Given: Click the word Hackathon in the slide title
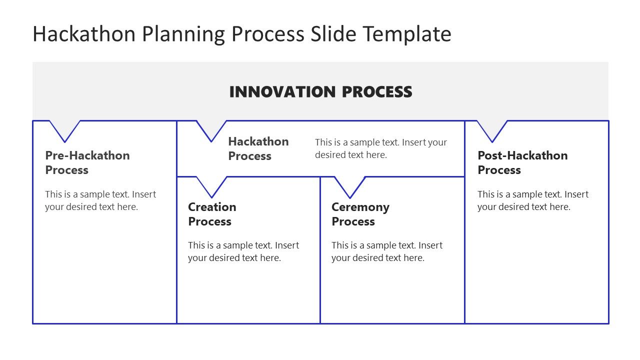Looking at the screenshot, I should tap(84, 34).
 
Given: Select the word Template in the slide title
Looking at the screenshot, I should tap(407, 34).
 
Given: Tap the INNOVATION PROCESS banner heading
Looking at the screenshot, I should tap(320, 92).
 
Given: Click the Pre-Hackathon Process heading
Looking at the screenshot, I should tap(87, 162).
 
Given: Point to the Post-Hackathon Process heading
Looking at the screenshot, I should tap(522, 162).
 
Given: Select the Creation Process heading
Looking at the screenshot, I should tap(212, 214).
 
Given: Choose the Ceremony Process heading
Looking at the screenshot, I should tap(360, 214).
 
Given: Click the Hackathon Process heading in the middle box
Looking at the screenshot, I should tap(258, 148).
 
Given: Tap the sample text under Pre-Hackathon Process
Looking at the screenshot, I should tap(100, 200).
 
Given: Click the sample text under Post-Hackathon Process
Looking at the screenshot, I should tap(533, 200).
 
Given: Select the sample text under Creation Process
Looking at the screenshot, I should tap(243, 251).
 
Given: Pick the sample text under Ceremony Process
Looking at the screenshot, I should tap(387, 251).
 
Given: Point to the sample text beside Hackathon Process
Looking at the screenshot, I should tap(381, 148).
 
